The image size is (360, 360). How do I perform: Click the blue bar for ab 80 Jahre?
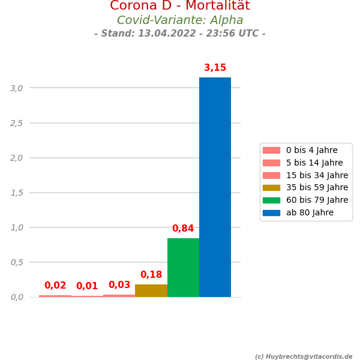(215, 187)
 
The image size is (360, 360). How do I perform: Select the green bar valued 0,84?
(183, 268)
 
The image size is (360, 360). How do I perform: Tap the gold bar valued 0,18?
(151, 290)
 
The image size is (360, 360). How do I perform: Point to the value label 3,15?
(215, 68)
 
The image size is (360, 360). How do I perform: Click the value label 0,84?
(183, 229)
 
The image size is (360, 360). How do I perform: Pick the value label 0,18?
(151, 275)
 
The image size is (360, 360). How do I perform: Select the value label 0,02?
(55, 286)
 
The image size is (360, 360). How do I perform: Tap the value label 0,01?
(87, 286)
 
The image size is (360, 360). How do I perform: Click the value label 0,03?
(119, 285)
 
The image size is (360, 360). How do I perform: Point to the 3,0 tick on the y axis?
(17, 88)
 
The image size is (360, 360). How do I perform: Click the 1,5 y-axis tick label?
(17, 193)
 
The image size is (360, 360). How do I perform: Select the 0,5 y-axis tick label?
(17, 262)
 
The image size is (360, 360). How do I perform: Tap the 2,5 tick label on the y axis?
(17, 123)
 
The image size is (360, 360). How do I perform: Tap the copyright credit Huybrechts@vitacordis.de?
(307, 356)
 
